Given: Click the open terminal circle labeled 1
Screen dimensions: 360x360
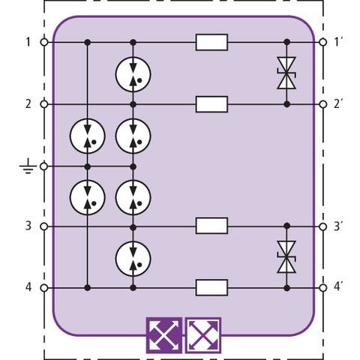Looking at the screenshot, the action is [x=44, y=42].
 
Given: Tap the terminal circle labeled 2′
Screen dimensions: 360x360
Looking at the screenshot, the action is [x=323, y=104].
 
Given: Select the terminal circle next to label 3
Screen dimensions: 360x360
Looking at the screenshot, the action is [x=44, y=226].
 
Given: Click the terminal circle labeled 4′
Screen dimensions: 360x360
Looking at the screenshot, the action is [x=323, y=288].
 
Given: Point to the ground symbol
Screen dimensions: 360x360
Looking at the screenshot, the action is [x=28, y=166].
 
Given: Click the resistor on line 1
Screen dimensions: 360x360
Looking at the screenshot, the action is [x=211, y=42].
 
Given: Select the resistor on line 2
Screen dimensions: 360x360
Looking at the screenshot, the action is [x=211, y=104].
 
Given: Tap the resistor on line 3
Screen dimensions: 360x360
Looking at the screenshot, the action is [x=211, y=226].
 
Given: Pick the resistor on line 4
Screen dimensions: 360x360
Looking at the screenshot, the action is [x=211, y=288].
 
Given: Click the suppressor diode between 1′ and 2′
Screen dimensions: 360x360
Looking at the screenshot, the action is [x=286, y=73].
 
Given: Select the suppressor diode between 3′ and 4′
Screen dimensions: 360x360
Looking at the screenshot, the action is [x=286, y=257].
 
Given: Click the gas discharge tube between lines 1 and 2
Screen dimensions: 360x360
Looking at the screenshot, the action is [x=133, y=74].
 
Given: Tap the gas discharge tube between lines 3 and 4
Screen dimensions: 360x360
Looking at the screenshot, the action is [x=133, y=259].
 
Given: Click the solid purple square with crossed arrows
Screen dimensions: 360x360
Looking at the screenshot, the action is [x=164, y=335].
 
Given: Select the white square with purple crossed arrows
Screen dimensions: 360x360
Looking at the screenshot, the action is [x=203, y=335].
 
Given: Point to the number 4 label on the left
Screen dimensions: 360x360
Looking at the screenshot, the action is [x=28, y=287].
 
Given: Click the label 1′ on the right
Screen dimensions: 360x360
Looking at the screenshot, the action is [x=337, y=42].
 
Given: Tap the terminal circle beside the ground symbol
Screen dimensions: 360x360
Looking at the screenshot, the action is [x=44, y=166].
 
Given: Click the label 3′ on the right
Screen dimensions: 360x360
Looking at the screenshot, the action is [x=337, y=226].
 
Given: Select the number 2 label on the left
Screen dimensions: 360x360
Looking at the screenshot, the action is [x=28, y=103].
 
